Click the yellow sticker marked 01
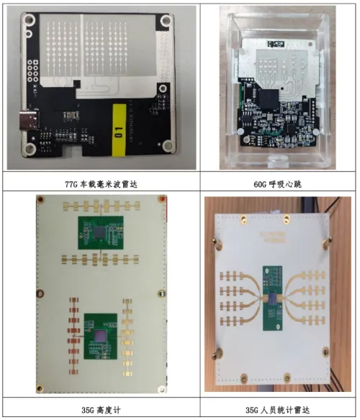point(119,130)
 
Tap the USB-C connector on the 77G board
point(27,121)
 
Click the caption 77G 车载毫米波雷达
point(101,184)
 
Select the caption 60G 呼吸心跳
point(277,184)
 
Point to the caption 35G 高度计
point(101,410)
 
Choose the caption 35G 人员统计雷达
point(277,410)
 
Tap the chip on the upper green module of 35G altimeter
point(100,233)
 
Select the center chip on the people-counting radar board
point(273,298)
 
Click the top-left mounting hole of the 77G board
point(29,19)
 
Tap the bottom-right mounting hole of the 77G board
point(168,145)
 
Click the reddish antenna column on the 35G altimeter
point(73,336)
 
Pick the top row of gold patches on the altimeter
point(102,206)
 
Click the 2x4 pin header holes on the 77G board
point(32,71)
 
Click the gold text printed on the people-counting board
point(273,237)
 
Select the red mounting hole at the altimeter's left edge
point(40,293)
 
